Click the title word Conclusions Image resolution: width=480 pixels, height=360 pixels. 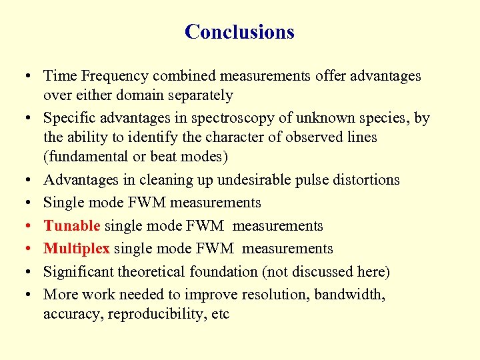click(239, 32)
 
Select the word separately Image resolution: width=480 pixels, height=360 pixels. click(199, 95)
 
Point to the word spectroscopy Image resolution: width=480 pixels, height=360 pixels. click(231, 119)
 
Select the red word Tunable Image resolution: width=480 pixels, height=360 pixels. click(71, 226)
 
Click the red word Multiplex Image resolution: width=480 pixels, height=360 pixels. click(77, 249)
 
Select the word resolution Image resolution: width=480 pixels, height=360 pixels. click(276, 295)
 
